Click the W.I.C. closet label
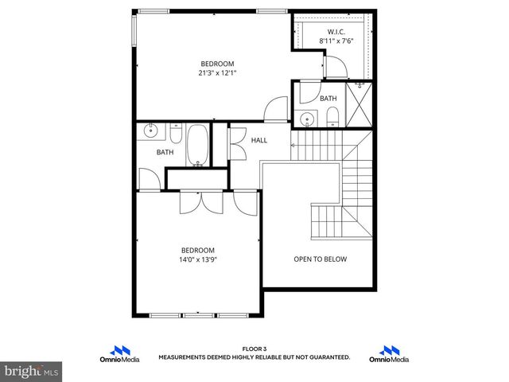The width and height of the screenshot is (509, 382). (x=336, y=32)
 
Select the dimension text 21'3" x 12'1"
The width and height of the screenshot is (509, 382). (x=217, y=72)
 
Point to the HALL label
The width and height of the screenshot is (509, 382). (x=259, y=140)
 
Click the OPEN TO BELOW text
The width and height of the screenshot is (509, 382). (x=320, y=259)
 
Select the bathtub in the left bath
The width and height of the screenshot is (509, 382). (x=197, y=144)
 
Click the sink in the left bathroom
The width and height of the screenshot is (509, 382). (x=150, y=131)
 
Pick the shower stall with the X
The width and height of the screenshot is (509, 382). (x=360, y=106)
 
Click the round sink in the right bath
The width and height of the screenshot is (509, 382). (x=308, y=120)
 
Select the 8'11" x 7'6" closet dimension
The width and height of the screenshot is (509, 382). (x=336, y=41)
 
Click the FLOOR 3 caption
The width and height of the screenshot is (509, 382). (x=254, y=349)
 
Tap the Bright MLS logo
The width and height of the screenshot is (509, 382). (x=31, y=371)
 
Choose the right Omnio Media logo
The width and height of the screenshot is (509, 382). (x=389, y=353)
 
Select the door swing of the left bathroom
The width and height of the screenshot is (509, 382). (x=147, y=178)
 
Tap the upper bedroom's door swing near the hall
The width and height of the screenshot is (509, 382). (x=277, y=108)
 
